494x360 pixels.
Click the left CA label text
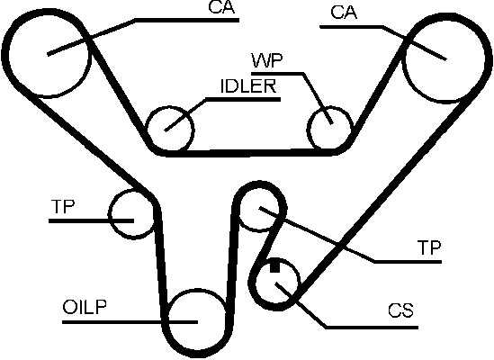[x=221, y=7]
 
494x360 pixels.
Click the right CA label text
[x=344, y=13]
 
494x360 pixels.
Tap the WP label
[x=267, y=61]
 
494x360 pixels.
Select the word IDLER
[x=248, y=86]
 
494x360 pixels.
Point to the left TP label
[x=63, y=206]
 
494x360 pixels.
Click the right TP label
[x=429, y=247]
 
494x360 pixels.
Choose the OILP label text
[x=85, y=307]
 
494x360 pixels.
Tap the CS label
[x=400, y=310]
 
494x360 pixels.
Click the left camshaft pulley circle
[x=10, y=54]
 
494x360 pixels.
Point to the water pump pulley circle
[x=308, y=129]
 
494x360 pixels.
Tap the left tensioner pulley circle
[x=109, y=214]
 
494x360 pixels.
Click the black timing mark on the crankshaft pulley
[x=274, y=266]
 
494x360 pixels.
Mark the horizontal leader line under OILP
[x=130, y=322]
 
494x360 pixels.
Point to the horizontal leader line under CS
[x=372, y=328]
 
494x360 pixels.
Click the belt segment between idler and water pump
[x=249, y=153]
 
